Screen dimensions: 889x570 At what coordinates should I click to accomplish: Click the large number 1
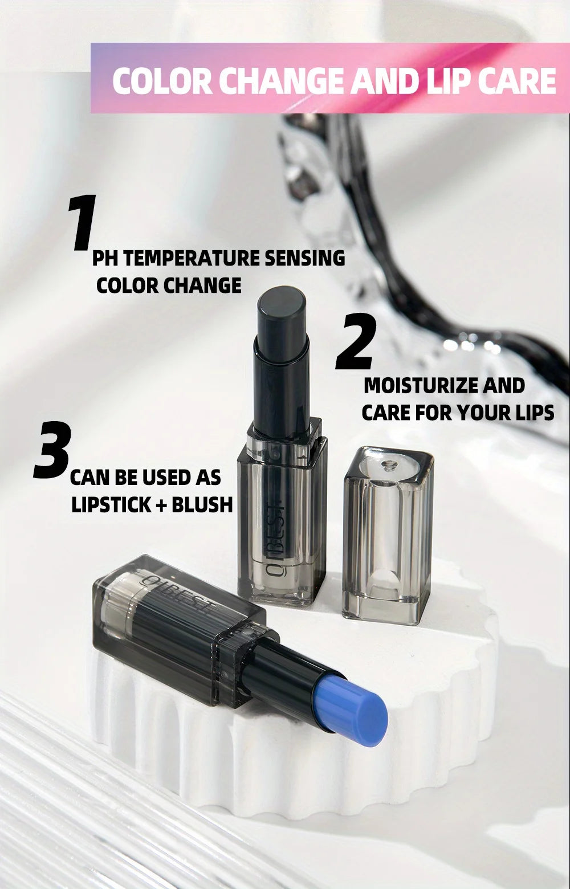(x=81, y=223)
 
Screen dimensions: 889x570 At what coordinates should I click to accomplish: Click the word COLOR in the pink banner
(x=162, y=81)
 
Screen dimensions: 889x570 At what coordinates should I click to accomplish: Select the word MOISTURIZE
(x=421, y=386)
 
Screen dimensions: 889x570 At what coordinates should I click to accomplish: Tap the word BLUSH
(x=202, y=504)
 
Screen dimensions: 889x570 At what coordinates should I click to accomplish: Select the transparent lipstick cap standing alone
(x=388, y=536)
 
